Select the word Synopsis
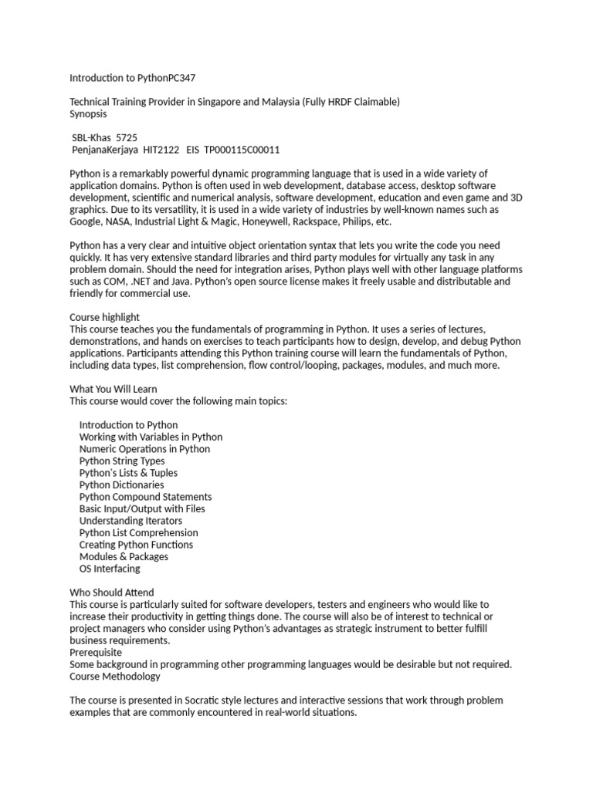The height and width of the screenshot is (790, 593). coord(89,113)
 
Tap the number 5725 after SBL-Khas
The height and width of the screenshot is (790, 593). coord(126,138)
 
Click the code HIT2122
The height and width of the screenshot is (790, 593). coord(161,150)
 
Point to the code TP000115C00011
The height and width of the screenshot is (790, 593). coord(242,150)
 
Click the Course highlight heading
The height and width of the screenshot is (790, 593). coord(105,317)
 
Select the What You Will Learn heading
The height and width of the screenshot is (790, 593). coord(113,389)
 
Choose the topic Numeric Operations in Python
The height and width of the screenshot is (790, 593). coord(144,449)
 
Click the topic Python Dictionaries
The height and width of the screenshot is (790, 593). coord(121,485)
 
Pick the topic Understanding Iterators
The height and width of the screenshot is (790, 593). coord(130,521)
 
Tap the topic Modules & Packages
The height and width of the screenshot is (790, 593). coord(124,557)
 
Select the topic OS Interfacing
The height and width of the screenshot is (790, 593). coord(110,569)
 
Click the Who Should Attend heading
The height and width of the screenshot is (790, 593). coord(112,592)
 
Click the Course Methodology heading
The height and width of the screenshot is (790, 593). coord(115,677)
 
